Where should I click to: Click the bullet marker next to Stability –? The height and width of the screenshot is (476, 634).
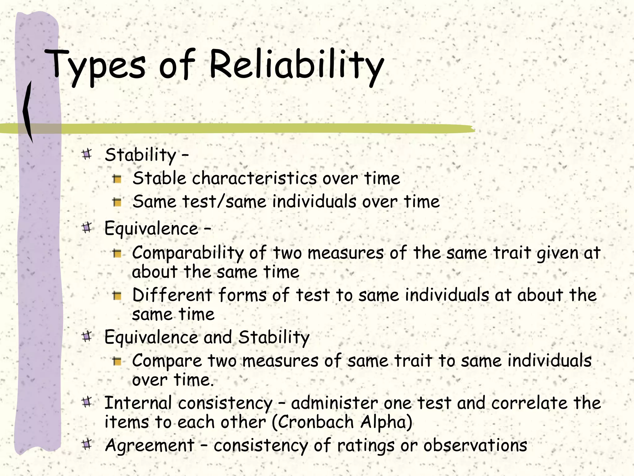coord(87,154)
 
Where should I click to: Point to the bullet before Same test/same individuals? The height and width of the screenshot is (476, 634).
coord(117,202)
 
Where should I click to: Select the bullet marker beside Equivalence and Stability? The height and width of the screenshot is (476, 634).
coord(87,336)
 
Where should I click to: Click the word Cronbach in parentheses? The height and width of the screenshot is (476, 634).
coord(313,422)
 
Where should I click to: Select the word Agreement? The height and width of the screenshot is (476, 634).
coord(150,446)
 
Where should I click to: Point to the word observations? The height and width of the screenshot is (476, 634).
coord(475,446)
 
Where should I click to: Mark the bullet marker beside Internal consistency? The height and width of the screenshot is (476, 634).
coord(87,402)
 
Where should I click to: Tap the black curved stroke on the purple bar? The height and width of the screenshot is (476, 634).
coord(28,112)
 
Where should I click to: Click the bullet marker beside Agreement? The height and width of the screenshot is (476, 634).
coord(87,444)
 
